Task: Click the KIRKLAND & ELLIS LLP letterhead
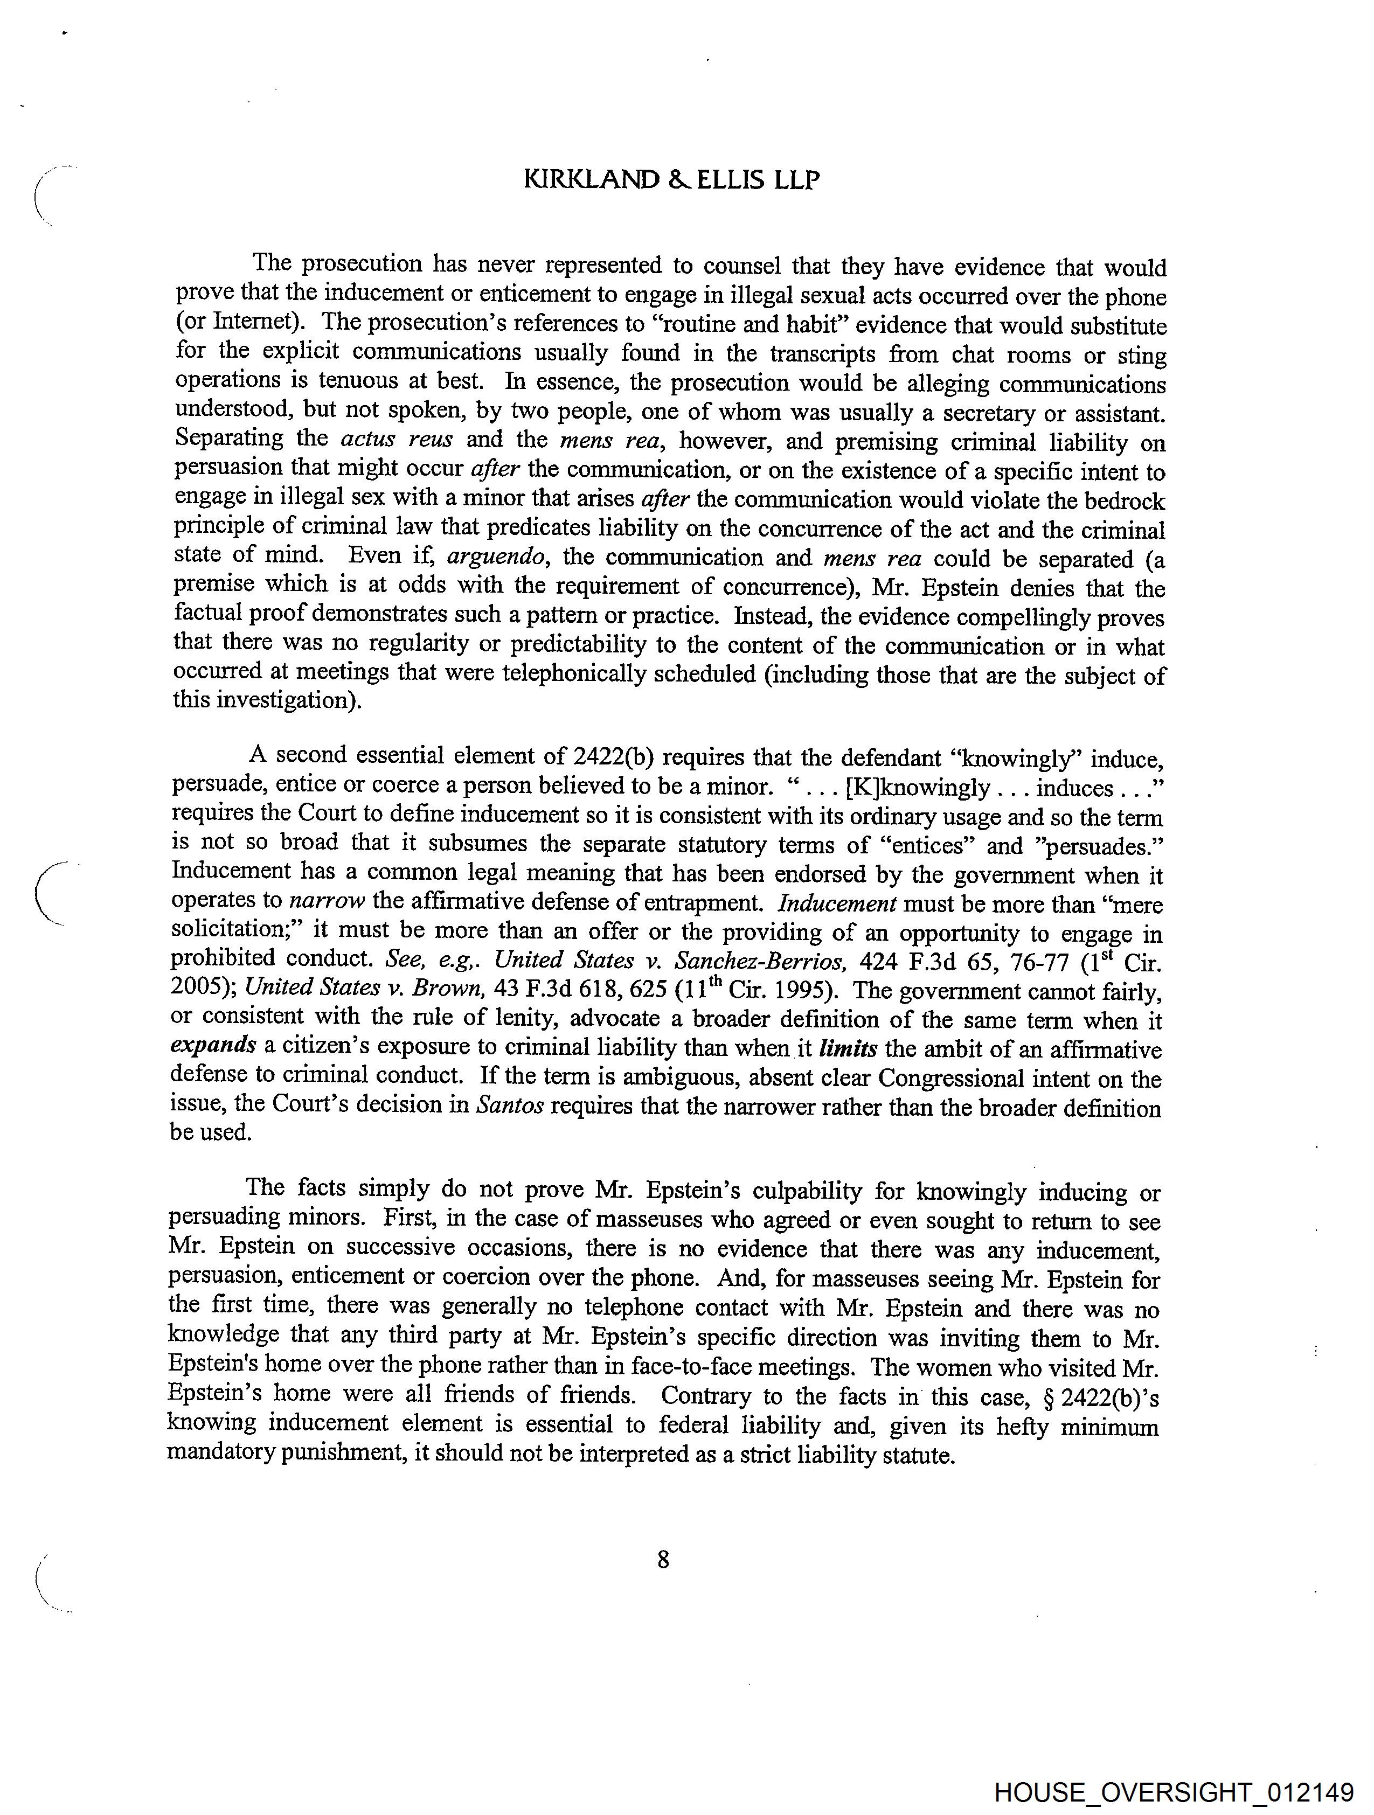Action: tap(671, 180)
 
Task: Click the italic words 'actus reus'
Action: tap(395, 440)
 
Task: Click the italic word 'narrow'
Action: tap(327, 901)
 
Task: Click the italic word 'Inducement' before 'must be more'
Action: tap(836, 903)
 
